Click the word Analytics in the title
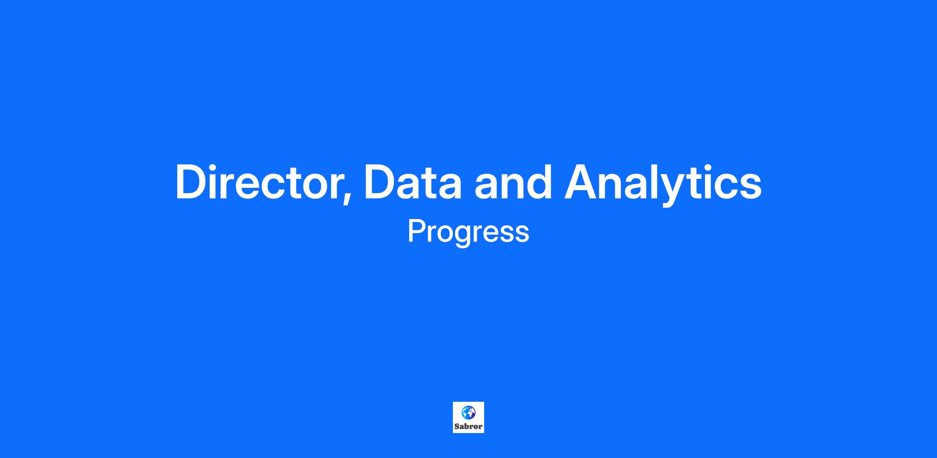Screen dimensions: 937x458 click(x=663, y=184)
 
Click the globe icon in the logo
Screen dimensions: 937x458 click(x=468, y=412)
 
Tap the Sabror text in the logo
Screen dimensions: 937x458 click(x=468, y=426)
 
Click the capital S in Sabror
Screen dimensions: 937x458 click(x=457, y=426)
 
